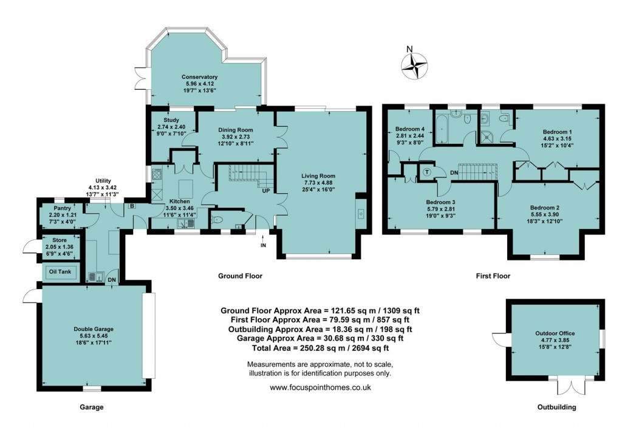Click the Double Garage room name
point(94,329)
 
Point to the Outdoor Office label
point(555,333)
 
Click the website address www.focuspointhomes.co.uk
point(320,387)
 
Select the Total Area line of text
point(320,348)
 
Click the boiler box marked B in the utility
point(131,206)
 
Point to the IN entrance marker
point(263,245)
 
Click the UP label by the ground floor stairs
point(265,190)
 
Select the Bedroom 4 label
point(410,129)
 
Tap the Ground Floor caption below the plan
point(240,276)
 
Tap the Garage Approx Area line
point(320,338)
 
